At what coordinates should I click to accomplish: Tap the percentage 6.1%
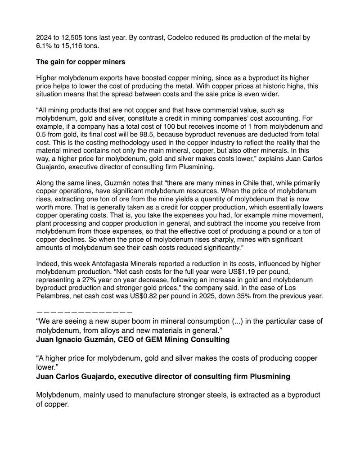click(44, 46)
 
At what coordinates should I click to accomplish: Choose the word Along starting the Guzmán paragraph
click(45, 183)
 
